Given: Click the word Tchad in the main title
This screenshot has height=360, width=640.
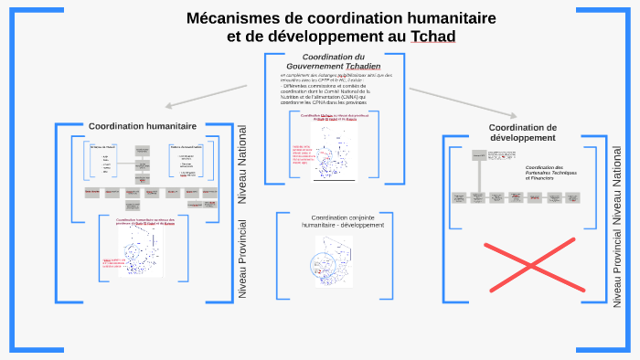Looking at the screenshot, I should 432,37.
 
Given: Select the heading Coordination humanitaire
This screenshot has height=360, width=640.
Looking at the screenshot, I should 142,126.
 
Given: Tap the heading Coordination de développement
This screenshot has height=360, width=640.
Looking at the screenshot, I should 522,132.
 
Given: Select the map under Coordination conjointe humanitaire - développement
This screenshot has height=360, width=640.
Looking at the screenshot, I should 333,261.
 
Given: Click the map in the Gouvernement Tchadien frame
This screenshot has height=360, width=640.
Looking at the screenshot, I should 335,152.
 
